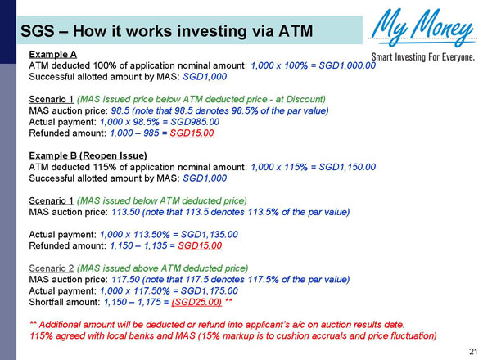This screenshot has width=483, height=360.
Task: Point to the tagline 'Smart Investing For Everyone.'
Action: click(423, 57)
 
